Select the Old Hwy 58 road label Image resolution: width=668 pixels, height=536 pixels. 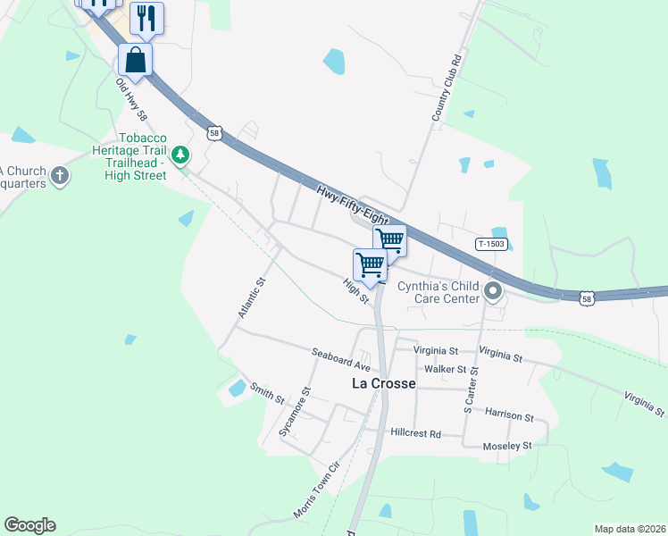pos(130,99)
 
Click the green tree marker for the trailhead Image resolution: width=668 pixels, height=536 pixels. pos(181,155)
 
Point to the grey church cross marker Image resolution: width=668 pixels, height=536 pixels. pos(60,174)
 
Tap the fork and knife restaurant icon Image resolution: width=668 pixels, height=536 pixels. pos(146,18)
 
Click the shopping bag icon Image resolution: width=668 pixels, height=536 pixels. pos(135,60)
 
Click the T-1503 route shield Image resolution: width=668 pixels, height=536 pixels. pos(492,244)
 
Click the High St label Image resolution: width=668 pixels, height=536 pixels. pos(356,290)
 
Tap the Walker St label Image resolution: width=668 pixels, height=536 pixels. pos(446,369)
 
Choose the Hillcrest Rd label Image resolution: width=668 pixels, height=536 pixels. pos(416,433)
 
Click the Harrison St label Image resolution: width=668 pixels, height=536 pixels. pos(509,416)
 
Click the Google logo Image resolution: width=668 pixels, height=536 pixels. pos(29,525)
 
